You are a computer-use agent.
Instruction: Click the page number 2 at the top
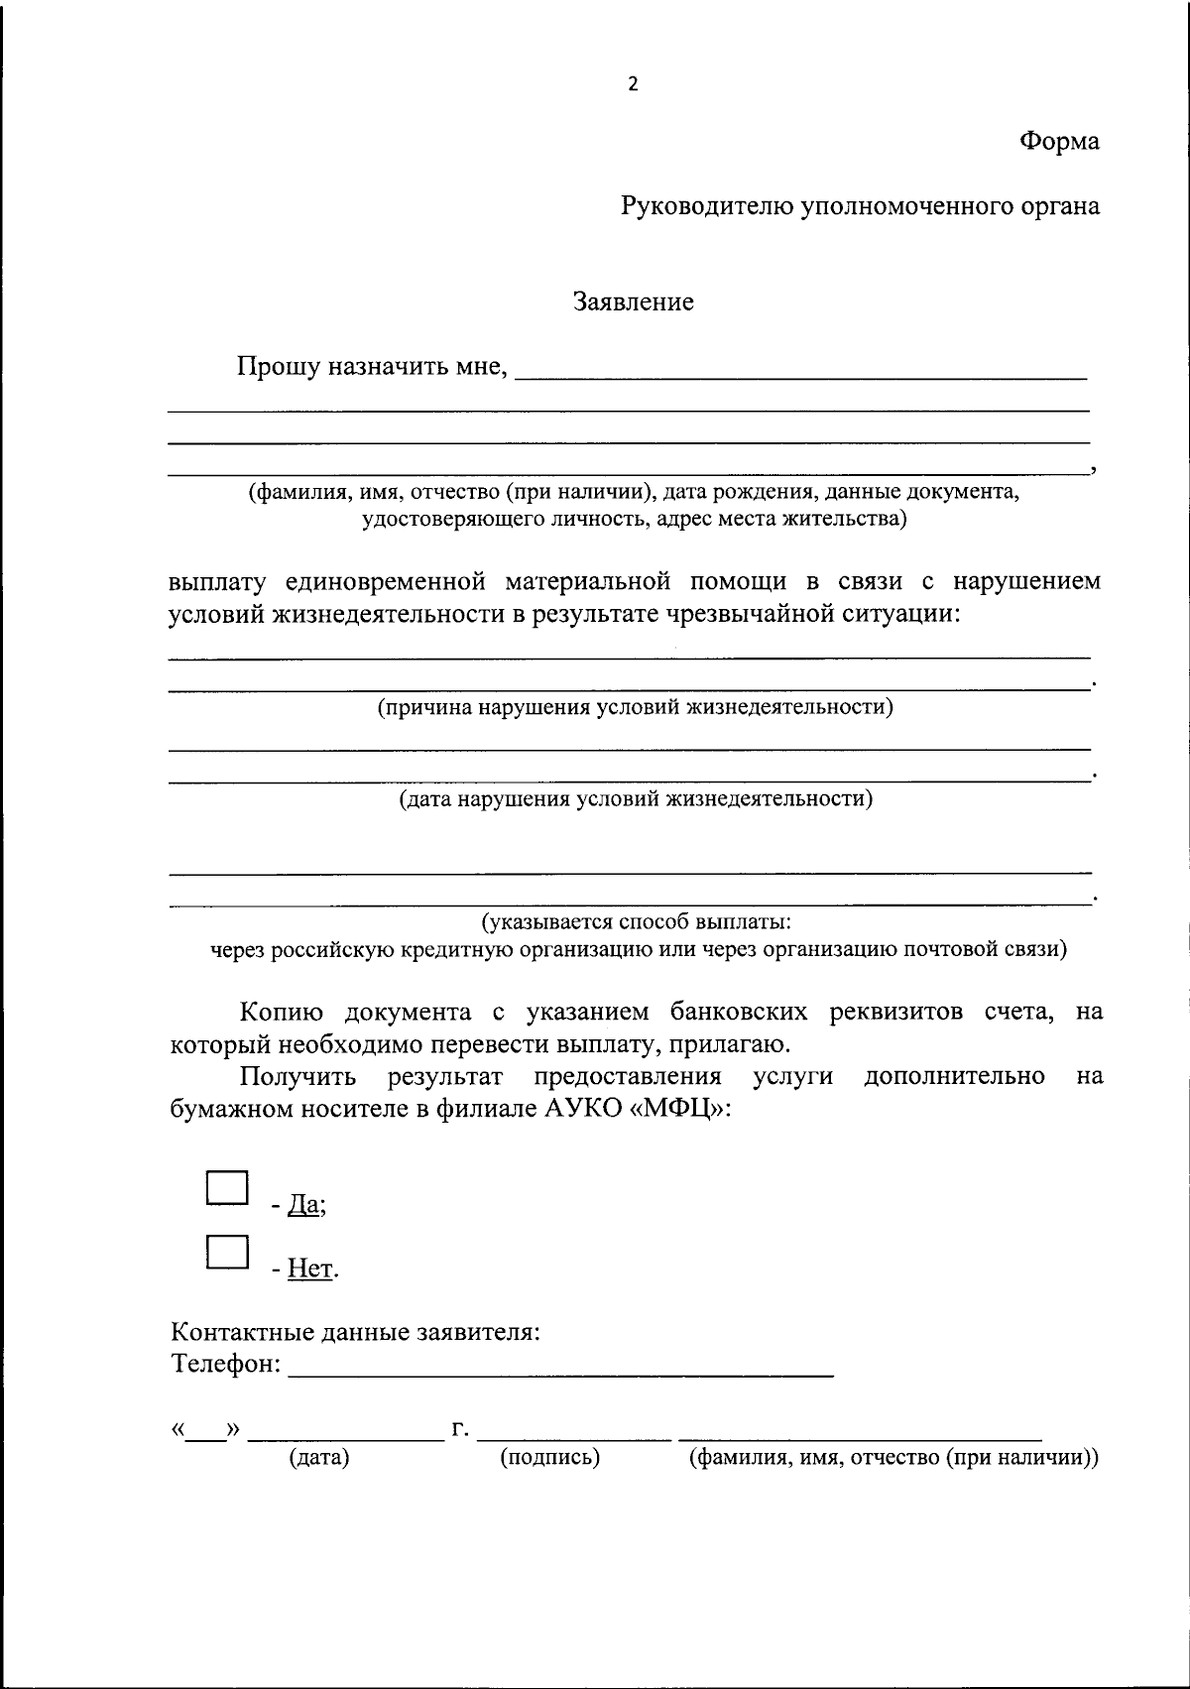[633, 84]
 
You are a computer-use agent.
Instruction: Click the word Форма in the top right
[1059, 142]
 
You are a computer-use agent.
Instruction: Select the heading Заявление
[634, 302]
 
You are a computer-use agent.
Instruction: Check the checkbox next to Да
[226, 1188]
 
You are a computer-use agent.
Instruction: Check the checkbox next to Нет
[226, 1252]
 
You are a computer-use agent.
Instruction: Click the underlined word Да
[303, 1205]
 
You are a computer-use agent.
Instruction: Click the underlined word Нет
[310, 1268]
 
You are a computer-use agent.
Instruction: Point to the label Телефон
[226, 1364]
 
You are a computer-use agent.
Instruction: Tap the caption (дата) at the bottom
[319, 1458]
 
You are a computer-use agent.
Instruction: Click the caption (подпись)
[550, 1458]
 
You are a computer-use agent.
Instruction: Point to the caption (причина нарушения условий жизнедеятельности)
[635, 707]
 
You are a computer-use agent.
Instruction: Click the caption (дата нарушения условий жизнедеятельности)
[635, 798]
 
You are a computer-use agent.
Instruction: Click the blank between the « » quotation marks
[205, 1431]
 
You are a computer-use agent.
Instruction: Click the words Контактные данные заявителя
[356, 1331]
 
